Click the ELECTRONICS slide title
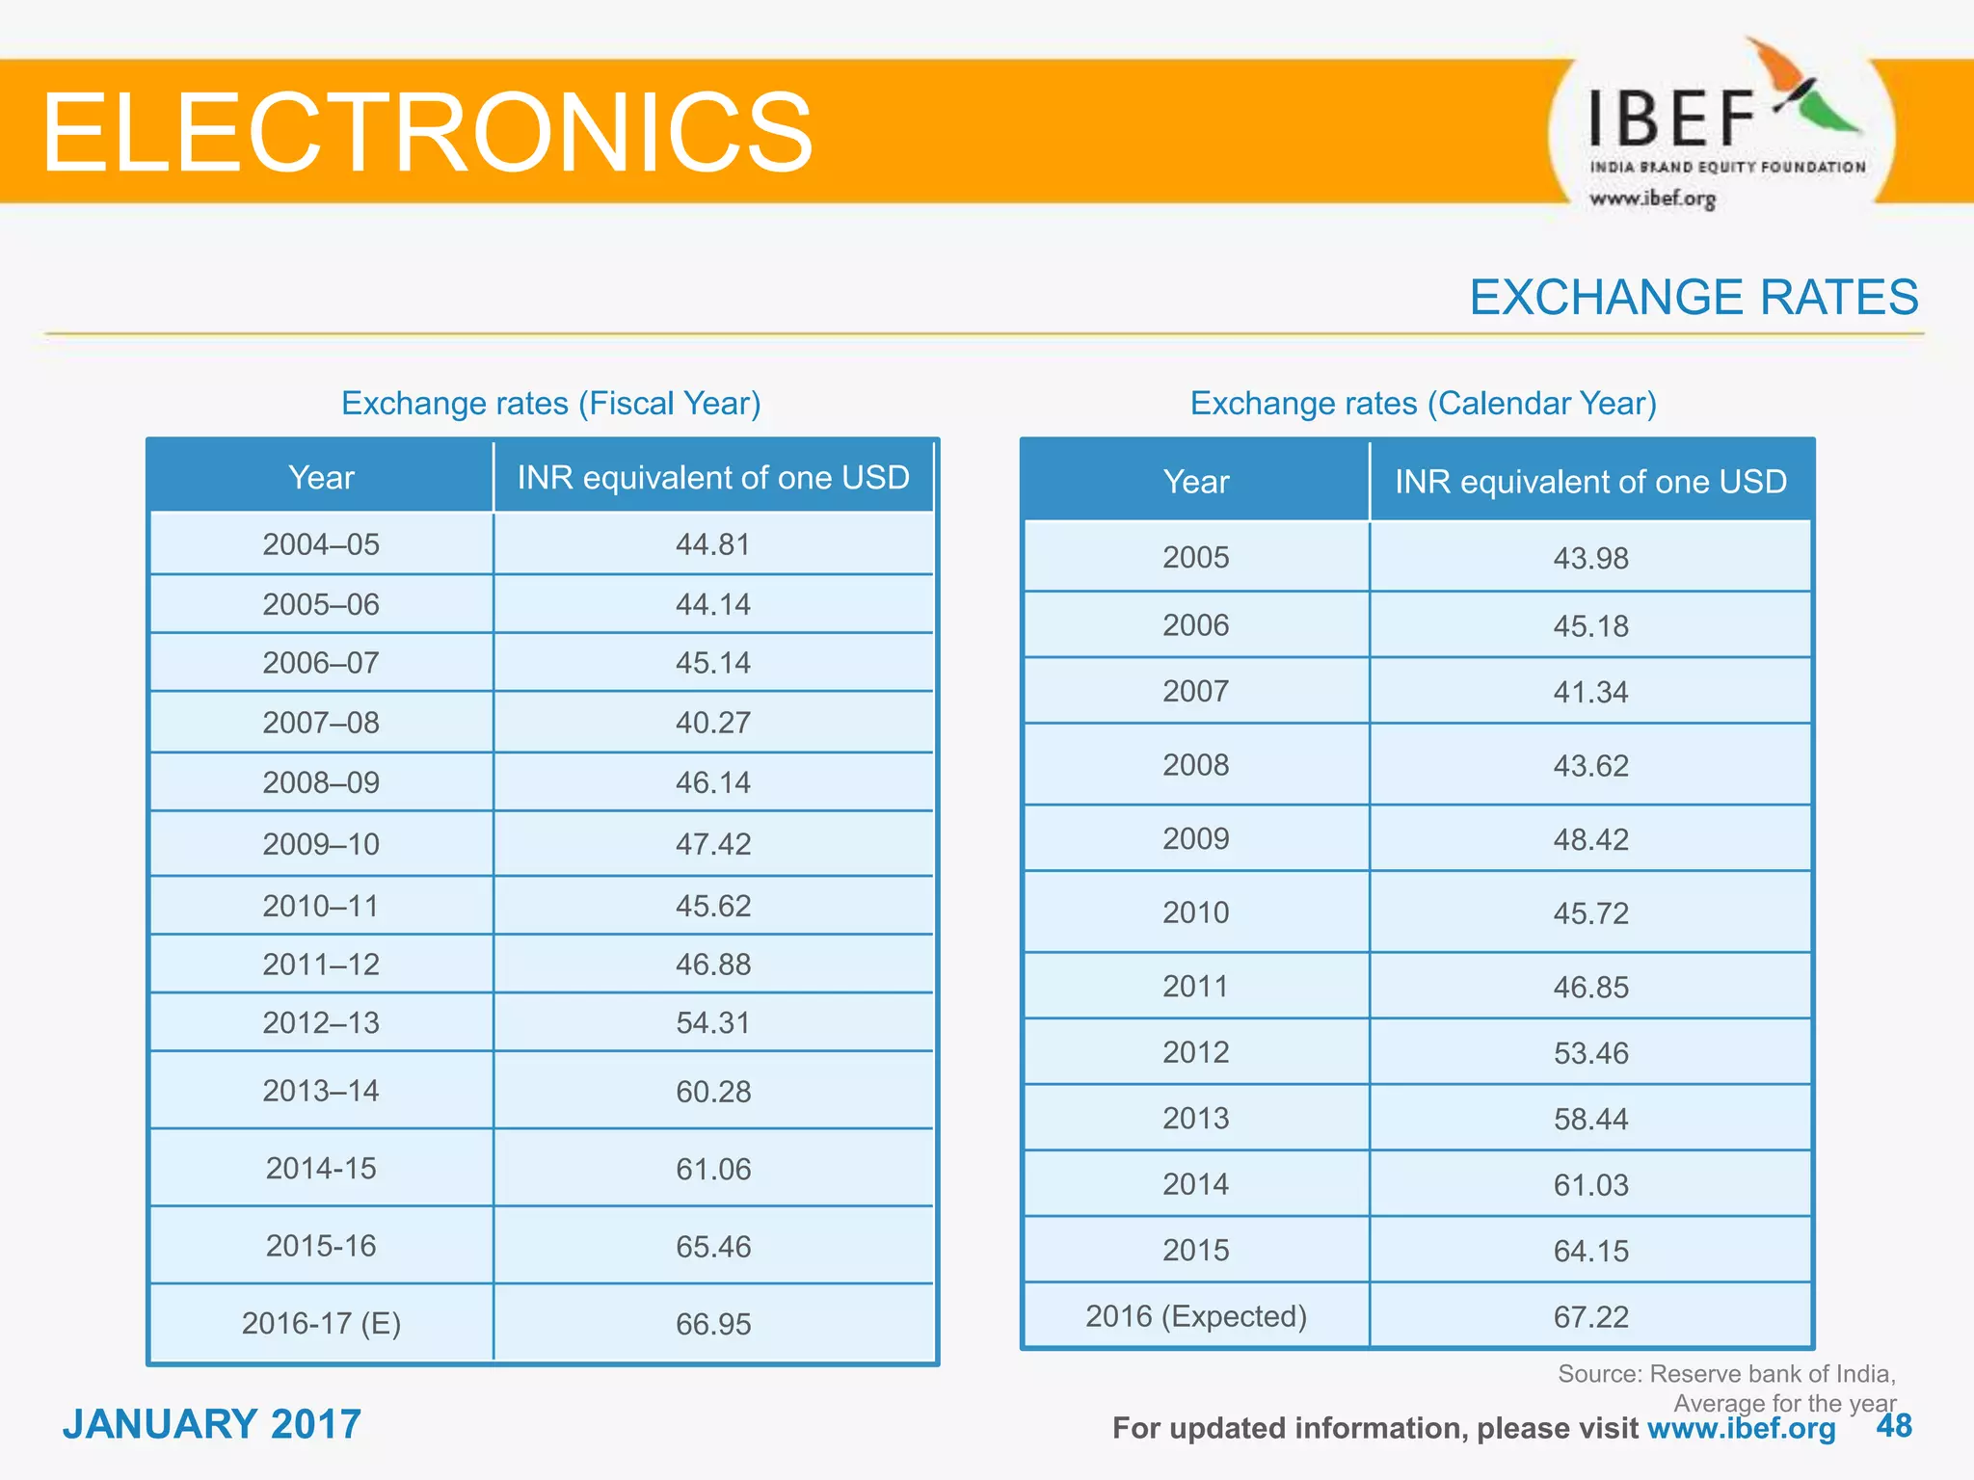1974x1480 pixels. (427, 132)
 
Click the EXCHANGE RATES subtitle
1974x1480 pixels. (1694, 297)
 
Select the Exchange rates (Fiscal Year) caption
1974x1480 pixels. (550, 403)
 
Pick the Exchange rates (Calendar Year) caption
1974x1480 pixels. (1423, 403)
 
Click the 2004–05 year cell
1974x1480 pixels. (321, 544)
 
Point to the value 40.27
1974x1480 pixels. (712, 723)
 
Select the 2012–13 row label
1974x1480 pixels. (321, 1022)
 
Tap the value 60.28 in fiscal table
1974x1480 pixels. (712, 1092)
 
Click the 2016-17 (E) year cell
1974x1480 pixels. (321, 1323)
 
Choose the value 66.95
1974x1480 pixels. (712, 1324)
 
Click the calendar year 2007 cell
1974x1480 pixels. (1195, 691)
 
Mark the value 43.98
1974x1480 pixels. (1590, 558)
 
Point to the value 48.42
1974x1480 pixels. (1590, 839)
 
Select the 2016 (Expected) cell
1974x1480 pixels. (1195, 1316)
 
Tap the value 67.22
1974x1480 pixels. (1590, 1317)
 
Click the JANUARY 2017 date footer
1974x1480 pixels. (212, 1424)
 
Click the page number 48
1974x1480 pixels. (1894, 1426)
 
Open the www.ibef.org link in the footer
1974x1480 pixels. (1741, 1428)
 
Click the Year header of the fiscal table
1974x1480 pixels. (321, 477)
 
